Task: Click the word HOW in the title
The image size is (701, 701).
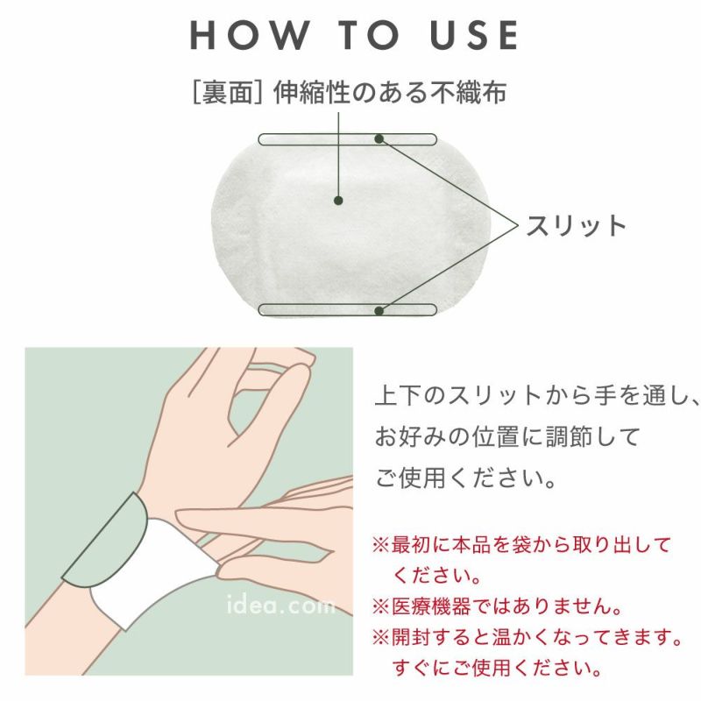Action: pyautogui.click(x=250, y=35)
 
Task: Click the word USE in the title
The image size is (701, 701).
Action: pyautogui.click(x=474, y=35)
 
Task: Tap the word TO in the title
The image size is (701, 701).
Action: pyautogui.click(x=369, y=35)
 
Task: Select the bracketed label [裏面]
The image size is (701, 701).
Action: pyautogui.click(x=228, y=93)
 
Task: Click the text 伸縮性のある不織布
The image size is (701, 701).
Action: pyautogui.click(x=390, y=93)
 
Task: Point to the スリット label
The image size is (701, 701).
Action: pyautogui.click(x=577, y=225)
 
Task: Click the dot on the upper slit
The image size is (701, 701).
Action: pyautogui.click(x=379, y=139)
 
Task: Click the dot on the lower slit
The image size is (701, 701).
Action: pyautogui.click(x=379, y=311)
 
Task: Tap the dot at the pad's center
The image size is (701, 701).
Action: pyautogui.click(x=338, y=201)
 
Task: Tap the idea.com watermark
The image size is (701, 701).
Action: pyautogui.click(x=280, y=605)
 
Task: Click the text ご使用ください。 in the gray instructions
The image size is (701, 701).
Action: pyautogui.click(x=466, y=478)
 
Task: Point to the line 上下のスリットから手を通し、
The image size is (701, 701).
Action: pyautogui.click(x=536, y=396)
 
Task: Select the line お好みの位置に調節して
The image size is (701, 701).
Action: pyautogui.click(x=507, y=436)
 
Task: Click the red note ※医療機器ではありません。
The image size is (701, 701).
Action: pyautogui.click(x=497, y=606)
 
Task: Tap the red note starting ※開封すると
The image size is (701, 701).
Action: pyautogui.click(x=527, y=652)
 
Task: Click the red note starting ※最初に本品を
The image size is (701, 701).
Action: pyautogui.click(x=521, y=560)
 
